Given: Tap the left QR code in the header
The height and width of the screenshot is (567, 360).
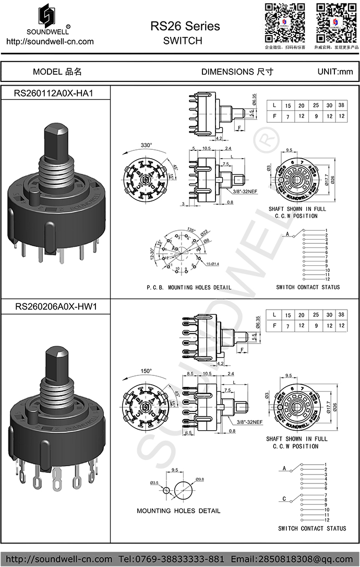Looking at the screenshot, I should (284, 23).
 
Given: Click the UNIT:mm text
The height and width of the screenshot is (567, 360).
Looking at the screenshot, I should (335, 72).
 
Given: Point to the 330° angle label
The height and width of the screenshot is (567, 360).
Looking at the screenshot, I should (146, 145).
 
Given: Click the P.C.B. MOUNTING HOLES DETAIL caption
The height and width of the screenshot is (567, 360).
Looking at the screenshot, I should (189, 288).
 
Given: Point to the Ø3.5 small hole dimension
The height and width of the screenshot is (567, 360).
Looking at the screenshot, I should (154, 482).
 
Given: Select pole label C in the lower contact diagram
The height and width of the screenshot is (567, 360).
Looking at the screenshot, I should (284, 499).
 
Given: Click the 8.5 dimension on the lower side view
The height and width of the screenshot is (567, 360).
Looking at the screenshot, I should (190, 373).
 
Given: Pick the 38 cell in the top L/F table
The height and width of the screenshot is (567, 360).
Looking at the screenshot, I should (341, 105).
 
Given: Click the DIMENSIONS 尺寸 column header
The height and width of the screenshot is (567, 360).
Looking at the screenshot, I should (237, 72).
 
